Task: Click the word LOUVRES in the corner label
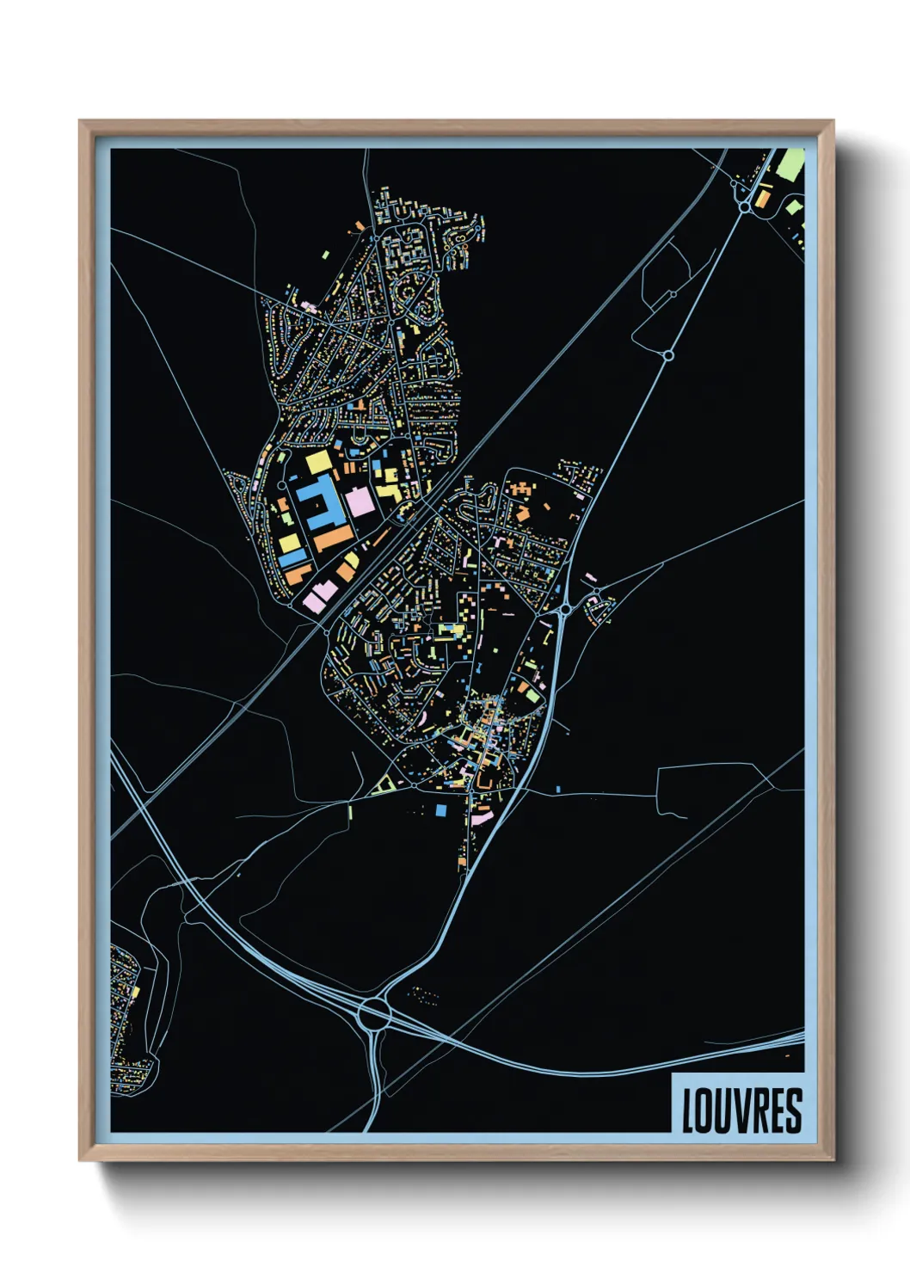pos(741,1110)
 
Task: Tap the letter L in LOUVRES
pos(688,1110)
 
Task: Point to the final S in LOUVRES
pos(794,1110)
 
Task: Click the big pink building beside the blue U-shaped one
pos(360,501)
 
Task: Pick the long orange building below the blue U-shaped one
pos(334,539)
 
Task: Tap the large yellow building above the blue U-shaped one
pos(318,462)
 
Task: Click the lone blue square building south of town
pos(441,809)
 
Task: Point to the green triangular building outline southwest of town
pos(385,783)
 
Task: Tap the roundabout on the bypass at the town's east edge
pos(565,609)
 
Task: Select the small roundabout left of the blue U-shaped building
pos(281,485)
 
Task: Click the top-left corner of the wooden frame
pos(81,122)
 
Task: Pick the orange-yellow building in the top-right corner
pos(762,199)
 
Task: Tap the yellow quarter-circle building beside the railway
pos(352,560)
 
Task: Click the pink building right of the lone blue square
pos(482,817)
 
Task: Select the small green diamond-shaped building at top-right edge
pos(793,206)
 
